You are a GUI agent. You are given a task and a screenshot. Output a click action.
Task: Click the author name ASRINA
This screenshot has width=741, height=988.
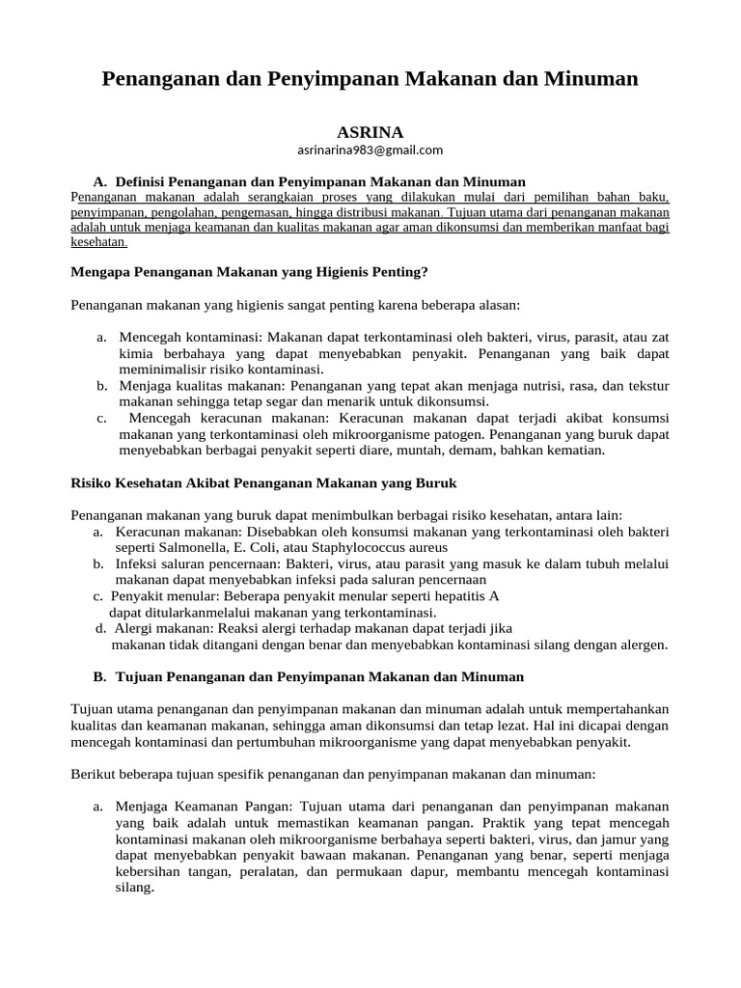[370, 131]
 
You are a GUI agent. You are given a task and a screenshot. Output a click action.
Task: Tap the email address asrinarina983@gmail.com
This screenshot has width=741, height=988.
[370, 150]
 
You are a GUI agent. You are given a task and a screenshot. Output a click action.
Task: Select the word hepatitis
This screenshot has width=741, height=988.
[459, 596]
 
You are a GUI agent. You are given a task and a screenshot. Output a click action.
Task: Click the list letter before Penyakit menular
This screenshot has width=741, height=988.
[98, 596]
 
